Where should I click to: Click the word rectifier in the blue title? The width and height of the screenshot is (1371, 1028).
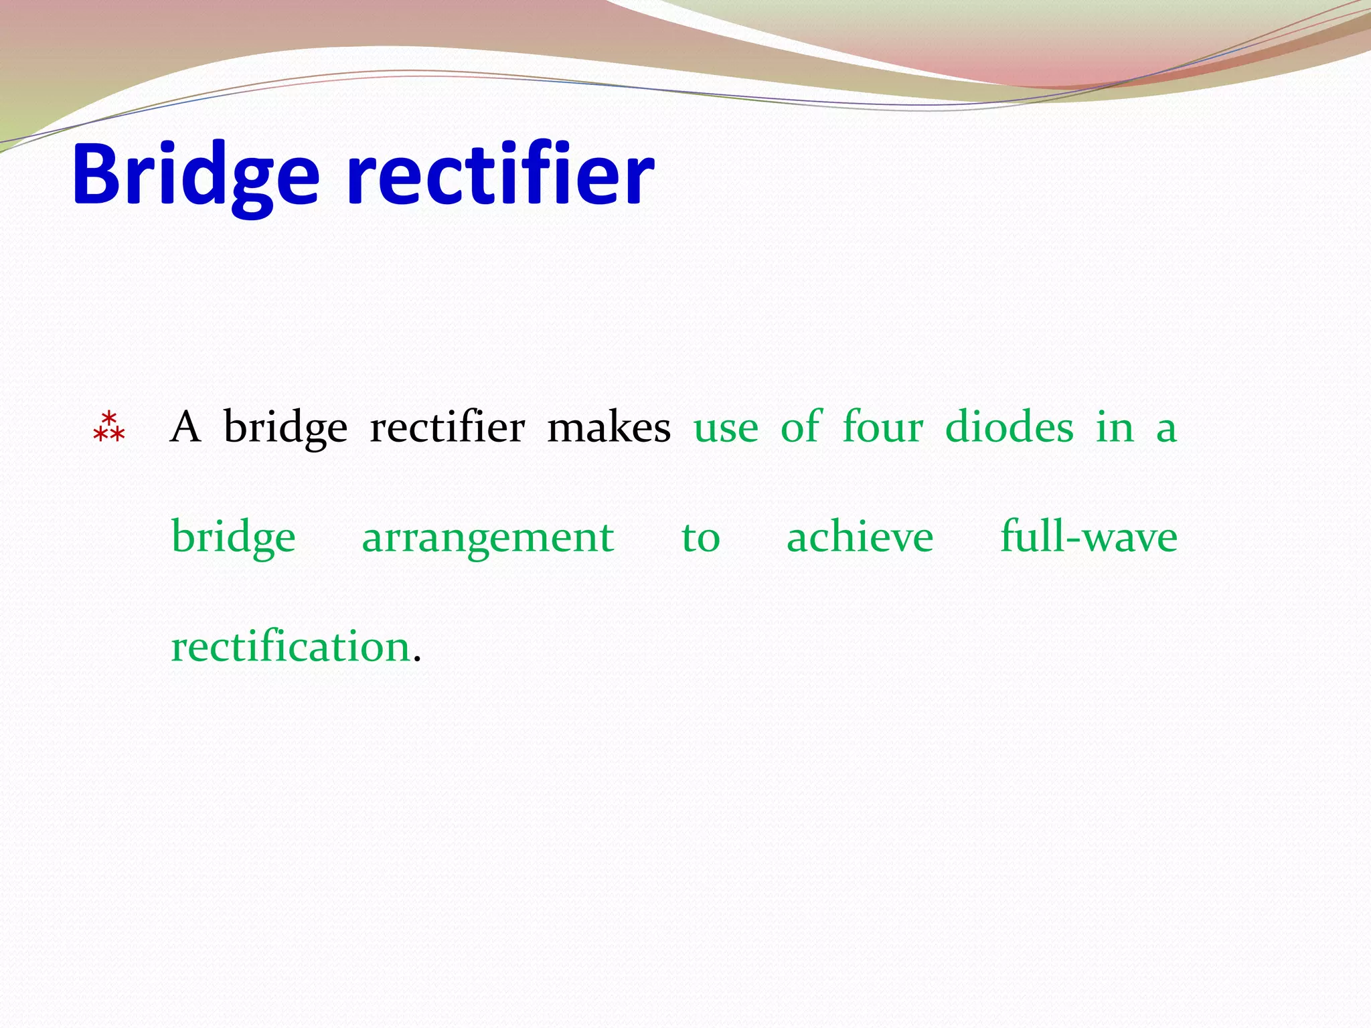click(500, 175)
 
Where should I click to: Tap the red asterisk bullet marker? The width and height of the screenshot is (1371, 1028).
click(108, 428)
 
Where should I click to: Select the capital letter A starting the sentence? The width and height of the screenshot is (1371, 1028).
click(185, 427)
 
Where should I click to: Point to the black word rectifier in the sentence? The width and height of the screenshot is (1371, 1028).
click(447, 427)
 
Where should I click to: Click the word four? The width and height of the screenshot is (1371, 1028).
click(882, 427)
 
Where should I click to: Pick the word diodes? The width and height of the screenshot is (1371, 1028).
click(1009, 427)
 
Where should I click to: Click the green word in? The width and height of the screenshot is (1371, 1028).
click(1115, 427)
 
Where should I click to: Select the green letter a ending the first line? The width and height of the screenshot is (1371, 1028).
click(1166, 430)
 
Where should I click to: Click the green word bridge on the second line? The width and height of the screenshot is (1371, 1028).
click(233, 538)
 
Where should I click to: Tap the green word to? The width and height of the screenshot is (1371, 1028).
click(700, 538)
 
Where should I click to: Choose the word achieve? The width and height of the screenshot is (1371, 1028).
click(860, 537)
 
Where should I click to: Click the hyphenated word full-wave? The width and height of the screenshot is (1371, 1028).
click(1088, 537)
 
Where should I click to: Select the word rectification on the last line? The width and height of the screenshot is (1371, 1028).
click(291, 647)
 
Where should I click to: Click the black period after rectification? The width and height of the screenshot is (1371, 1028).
click(418, 660)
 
